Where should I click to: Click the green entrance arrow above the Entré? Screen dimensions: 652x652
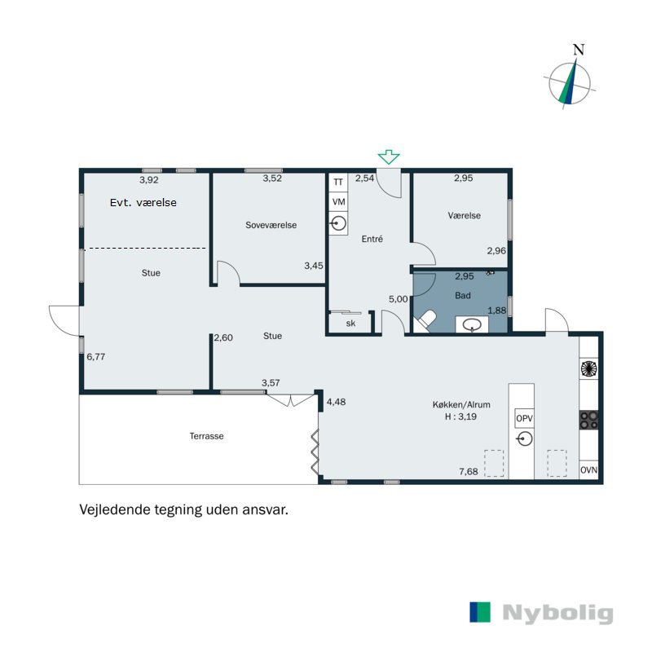tap(390, 157)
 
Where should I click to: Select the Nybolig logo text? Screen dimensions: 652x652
tap(557, 614)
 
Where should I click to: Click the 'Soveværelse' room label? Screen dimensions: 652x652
tap(271, 225)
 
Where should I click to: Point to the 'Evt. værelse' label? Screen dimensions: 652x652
tap(143, 202)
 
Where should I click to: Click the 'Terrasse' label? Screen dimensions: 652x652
tap(206, 436)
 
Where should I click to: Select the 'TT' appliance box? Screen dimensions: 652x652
tap(338, 183)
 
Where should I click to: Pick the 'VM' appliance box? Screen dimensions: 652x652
tap(338, 202)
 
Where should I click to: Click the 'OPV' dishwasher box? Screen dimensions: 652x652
tap(524, 419)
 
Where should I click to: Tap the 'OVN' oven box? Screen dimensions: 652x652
tap(588, 471)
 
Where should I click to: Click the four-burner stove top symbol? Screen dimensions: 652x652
tap(588, 420)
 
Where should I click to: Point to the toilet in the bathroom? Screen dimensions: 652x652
tap(425, 322)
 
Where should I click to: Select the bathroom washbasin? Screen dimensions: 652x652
tap(471, 325)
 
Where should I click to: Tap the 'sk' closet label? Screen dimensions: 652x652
tap(350, 324)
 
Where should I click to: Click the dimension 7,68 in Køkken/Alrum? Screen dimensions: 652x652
tap(469, 472)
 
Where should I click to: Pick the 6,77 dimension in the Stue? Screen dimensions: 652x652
tap(95, 356)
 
